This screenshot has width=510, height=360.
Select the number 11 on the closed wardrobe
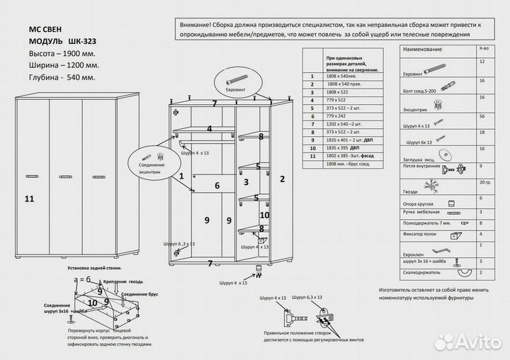point(29,198)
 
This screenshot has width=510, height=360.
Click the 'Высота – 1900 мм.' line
point(62,54)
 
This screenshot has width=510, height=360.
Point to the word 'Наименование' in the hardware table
point(422,50)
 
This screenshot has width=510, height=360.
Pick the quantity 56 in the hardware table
point(482,116)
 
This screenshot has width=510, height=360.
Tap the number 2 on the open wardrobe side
point(283,179)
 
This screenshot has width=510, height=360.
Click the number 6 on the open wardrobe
point(217,186)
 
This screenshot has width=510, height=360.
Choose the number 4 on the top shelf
point(209,129)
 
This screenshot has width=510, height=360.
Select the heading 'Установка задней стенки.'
point(99,270)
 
